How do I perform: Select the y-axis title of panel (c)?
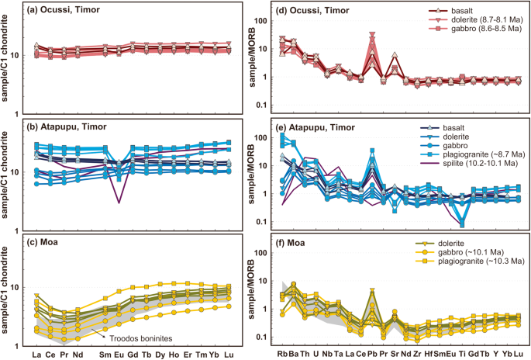[x=7, y=287]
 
